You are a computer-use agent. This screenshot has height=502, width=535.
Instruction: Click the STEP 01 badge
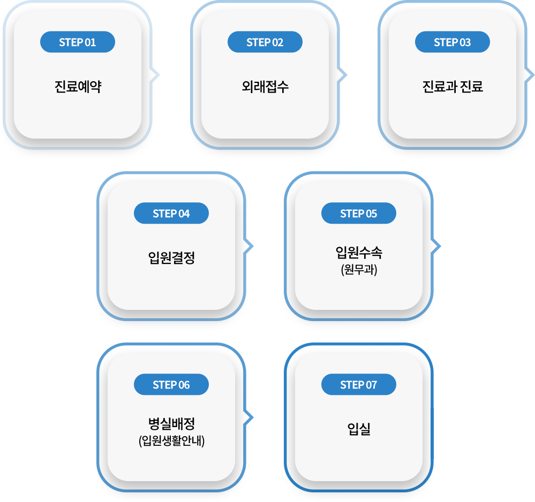click(x=78, y=42)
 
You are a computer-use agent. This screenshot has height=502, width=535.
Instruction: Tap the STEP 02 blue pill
click(x=265, y=42)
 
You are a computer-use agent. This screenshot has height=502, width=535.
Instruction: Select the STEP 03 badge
click(x=453, y=42)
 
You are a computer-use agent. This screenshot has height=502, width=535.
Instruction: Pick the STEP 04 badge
click(x=171, y=213)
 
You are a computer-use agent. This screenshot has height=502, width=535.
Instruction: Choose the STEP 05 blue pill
click(x=359, y=213)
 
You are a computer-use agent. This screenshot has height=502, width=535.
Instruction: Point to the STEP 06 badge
click(x=171, y=384)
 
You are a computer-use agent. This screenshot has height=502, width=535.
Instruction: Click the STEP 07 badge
click(x=359, y=384)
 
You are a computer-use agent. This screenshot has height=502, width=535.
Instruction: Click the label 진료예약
click(x=78, y=86)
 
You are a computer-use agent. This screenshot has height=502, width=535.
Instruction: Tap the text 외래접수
click(x=265, y=86)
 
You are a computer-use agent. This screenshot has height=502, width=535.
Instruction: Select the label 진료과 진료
click(x=453, y=86)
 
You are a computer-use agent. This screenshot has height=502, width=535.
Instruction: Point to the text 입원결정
click(x=171, y=257)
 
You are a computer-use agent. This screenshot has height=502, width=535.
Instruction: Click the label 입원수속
click(x=359, y=253)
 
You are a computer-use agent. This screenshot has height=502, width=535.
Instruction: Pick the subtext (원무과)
click(x=359, y=269)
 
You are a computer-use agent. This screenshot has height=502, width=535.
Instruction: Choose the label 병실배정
click(x=171, y=423)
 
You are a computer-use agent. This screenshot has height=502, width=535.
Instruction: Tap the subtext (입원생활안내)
click(x=171, y=440)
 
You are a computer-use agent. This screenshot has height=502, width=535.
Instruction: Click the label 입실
click(x=359, y=429)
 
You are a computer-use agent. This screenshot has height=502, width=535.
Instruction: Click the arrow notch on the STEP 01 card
click(x=155, y=75)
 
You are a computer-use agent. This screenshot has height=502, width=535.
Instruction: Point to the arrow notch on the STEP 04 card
click(x=248, y=246)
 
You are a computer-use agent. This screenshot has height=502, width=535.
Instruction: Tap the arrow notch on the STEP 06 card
click(x=248, y=417)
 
